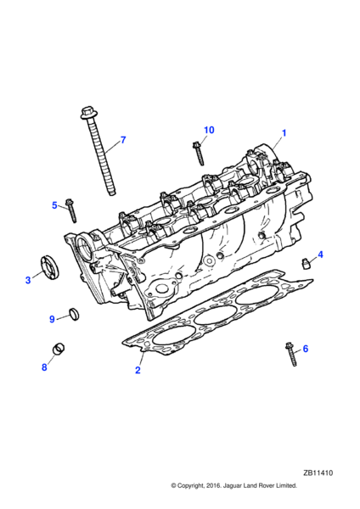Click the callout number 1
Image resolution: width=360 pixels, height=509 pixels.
284,133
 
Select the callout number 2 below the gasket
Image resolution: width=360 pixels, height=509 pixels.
138,370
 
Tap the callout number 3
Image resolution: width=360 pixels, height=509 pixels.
28,280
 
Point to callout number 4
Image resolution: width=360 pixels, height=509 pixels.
320,255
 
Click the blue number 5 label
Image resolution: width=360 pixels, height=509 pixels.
54,205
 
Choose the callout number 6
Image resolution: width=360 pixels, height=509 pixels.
305,349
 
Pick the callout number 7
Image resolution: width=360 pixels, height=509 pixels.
123,140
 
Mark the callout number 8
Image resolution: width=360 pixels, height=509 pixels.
44,367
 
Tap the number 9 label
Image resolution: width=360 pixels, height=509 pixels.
52,320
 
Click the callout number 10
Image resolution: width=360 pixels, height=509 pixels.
209,130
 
